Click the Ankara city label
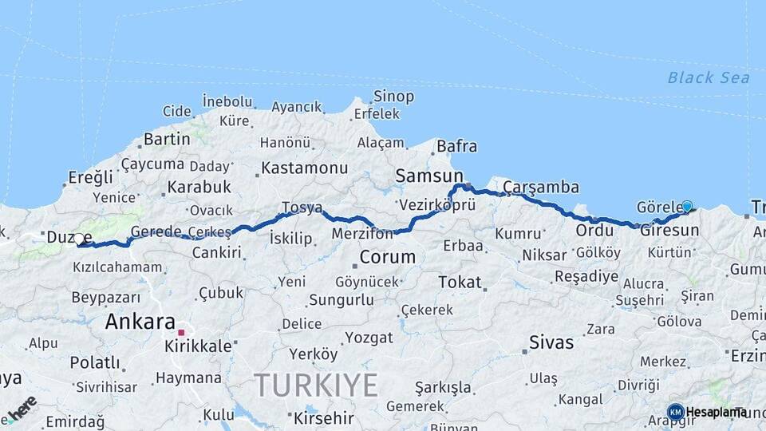(x=140, y=322)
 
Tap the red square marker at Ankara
(x=182, y=332)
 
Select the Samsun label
(x=429, y=176)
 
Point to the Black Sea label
(x=709, y=77)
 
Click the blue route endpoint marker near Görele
(x=687, y=206)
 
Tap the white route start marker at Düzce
(x=79, y=238)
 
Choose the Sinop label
(x=394, y=97)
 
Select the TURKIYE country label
(x=317, y=386)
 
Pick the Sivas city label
(x=551, y=342)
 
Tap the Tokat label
(x=460, y=282)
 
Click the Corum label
(x=388, y=257)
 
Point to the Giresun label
(x=669, y=230)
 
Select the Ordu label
(x=594, y=230)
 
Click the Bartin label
(x=167, y=139)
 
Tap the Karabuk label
(x=199, y=187)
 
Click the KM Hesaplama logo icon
(x=676, y=411)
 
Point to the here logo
(x=22, y=408)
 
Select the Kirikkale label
(x=198, y=346)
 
